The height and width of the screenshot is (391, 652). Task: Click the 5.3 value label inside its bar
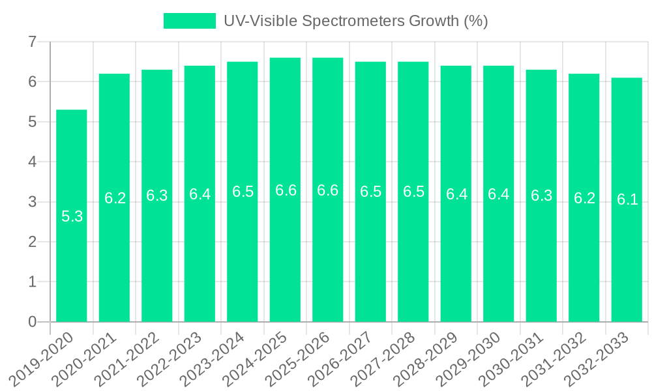click(72, 216)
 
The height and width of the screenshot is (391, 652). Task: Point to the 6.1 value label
click(627, 200)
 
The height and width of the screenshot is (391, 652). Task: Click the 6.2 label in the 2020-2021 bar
click(115, 198)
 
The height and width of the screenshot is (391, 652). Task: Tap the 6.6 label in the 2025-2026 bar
click(327, 190)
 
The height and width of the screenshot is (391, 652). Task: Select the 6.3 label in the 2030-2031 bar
click(541, 195)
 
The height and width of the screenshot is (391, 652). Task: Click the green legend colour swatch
click(189, 21)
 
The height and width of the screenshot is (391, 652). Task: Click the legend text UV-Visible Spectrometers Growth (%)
click(355, 21)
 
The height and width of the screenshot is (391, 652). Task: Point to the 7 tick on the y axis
click(32, 42)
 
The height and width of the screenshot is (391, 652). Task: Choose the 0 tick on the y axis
click(32, 322)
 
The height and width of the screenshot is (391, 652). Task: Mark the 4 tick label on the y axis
click(32, 162)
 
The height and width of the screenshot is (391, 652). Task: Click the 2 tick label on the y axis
click(32, 242)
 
